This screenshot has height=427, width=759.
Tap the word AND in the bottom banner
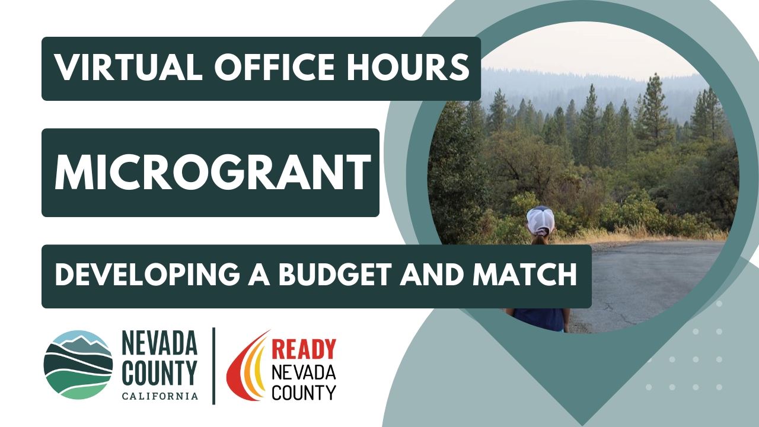point(435,276)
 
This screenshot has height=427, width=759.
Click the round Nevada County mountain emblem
point(78,365)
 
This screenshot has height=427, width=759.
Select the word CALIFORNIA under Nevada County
point(160,396)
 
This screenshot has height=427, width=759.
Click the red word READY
point(303,350)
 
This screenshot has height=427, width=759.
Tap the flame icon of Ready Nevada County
point(246,366)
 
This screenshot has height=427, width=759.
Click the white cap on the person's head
point(540,219)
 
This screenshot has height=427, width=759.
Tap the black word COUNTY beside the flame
point(303,391)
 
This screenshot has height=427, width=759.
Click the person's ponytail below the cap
point(540,240)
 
